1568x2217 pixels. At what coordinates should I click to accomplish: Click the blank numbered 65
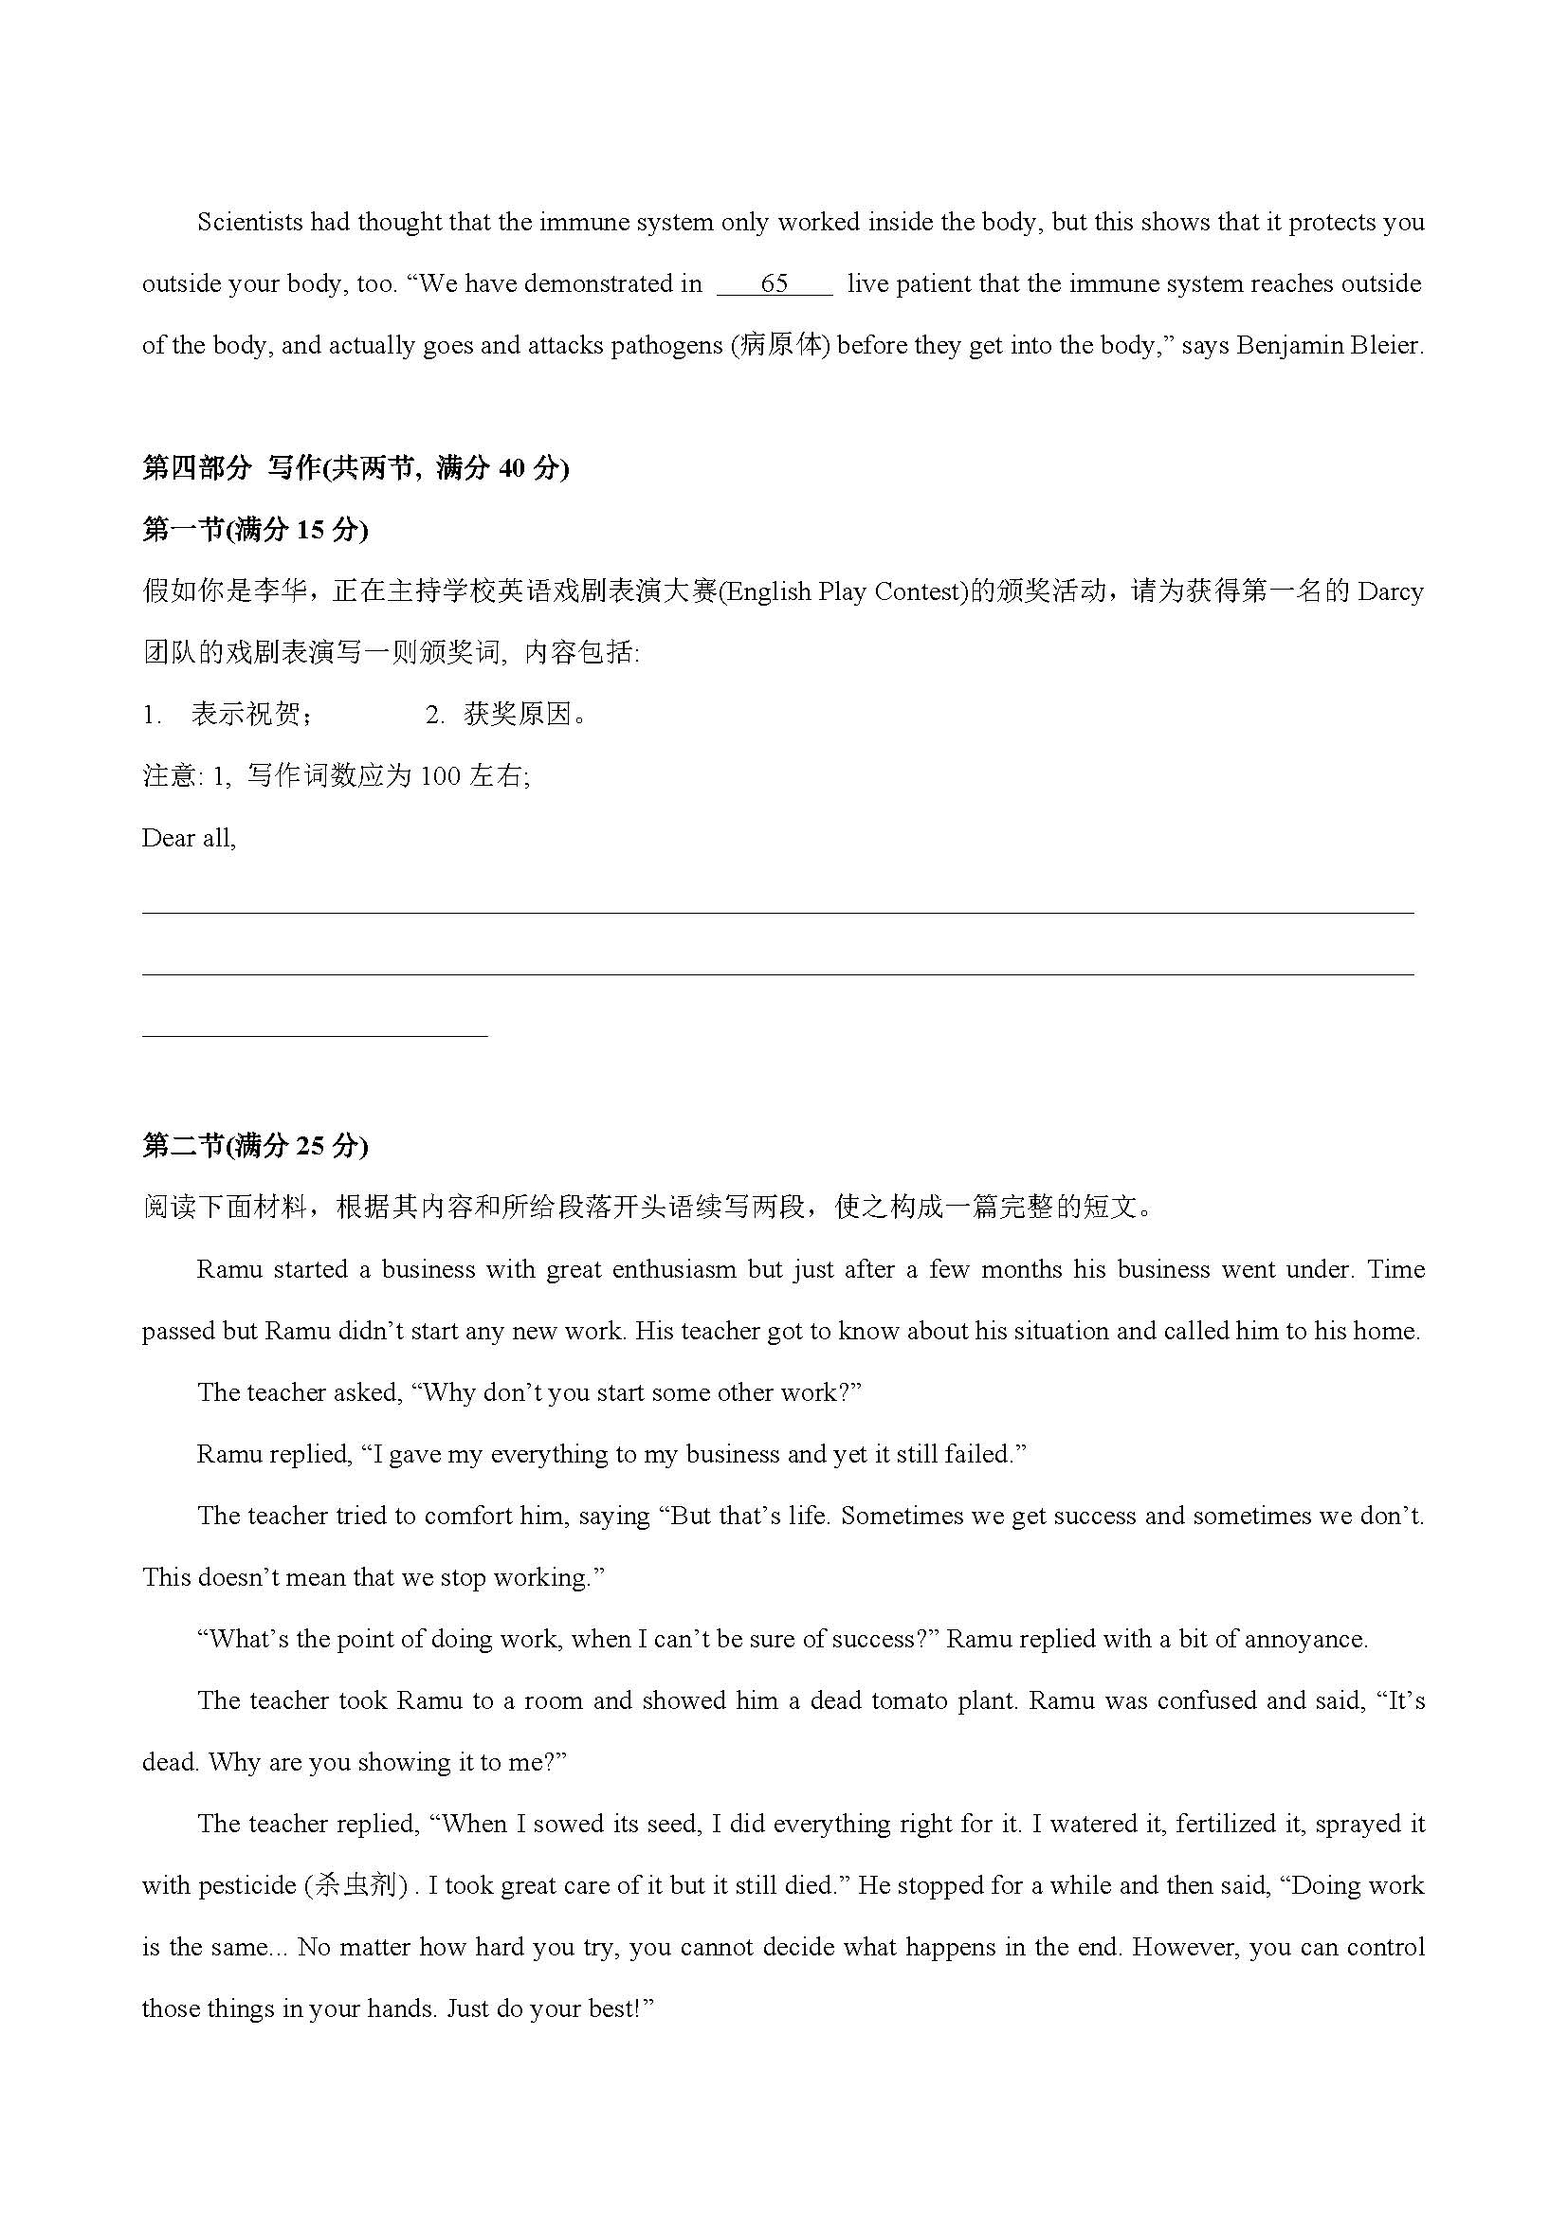[774, 284]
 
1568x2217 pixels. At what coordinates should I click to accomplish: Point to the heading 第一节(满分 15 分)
[255, 530]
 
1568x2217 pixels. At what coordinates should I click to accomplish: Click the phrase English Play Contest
[843, 591]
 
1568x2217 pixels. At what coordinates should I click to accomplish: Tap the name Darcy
[1391, 591]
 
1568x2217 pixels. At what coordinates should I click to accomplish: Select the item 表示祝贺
[251, 715]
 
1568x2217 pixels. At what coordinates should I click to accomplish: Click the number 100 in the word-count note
[440, 776]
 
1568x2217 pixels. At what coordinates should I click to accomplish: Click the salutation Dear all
[189, 838]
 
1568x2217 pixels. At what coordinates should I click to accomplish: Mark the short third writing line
[315, 1037]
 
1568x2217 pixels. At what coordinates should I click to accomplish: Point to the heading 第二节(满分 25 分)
[255, 1146]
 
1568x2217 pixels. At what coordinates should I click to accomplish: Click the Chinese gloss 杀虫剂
[356, 1886]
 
